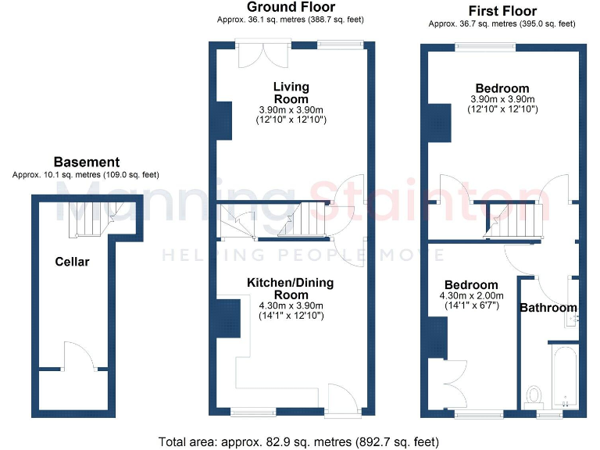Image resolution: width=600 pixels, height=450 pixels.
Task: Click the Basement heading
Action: coord(86,162)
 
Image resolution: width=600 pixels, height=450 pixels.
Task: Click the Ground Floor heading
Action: coord(291,7)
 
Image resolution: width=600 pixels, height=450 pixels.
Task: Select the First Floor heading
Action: coord(502,11)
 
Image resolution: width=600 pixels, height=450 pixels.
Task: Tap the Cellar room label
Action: coord(72,262)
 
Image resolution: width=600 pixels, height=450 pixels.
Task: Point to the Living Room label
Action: coord(291,93)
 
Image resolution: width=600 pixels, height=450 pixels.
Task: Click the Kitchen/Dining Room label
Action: coord(291,287)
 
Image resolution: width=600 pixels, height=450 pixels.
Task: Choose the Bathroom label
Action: coord(548,308)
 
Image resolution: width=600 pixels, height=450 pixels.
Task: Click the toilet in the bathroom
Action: coord(535,395)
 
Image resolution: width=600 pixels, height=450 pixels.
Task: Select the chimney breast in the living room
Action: coord(223,120)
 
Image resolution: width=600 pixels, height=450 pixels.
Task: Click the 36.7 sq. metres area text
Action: coord(502,24)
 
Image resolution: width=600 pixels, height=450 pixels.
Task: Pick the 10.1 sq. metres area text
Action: coord(86,174)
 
